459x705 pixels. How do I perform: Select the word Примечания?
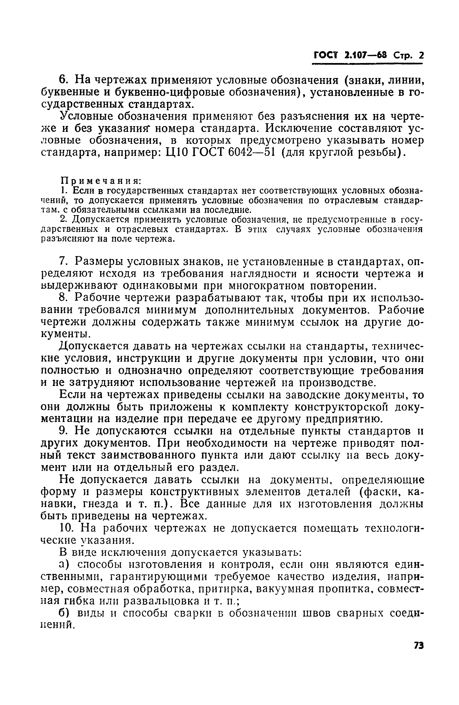pyautogui.click(x=101, y=181)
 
